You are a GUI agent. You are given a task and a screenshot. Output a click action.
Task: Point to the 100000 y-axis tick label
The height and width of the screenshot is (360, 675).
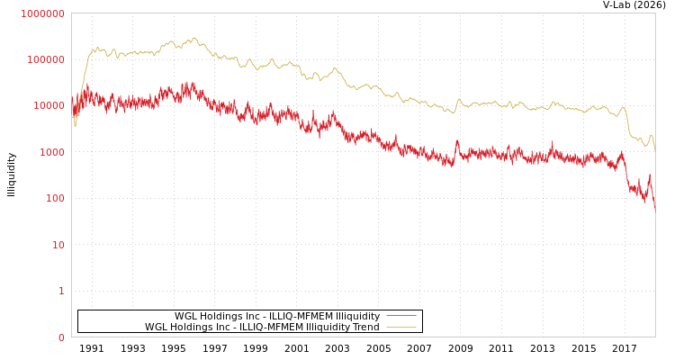coord(45,59)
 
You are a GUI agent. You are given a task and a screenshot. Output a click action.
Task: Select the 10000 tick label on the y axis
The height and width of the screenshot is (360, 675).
coord(48,106)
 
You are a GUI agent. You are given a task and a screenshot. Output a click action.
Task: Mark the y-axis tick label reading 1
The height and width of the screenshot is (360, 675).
coord(61,292)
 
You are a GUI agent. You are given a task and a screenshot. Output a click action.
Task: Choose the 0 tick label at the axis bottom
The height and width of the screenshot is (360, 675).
coord(61,337)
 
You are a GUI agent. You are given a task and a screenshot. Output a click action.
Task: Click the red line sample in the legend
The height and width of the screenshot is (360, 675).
coord(401,316)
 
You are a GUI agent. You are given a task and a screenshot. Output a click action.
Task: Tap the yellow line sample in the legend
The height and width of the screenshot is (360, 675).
coord(401,327)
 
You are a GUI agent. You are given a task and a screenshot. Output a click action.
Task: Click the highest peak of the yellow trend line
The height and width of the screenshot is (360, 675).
coord(193,38)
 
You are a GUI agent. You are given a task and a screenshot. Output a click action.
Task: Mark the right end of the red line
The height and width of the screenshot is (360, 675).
coord(654,210)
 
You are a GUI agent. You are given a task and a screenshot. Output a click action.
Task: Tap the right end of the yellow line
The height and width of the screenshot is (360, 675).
coord(654,150)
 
